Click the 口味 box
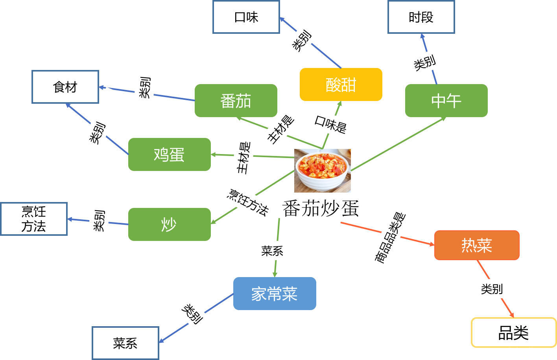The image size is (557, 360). point(246,17)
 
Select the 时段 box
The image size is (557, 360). point(421,17)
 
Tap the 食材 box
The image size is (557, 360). point(65,87)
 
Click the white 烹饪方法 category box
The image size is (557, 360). point(34,219)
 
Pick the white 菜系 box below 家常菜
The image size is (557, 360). point(125,343)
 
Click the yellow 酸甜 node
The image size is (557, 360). point(341,84)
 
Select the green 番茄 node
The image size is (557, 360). point(236,101)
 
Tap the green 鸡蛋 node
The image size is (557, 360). point(169,154)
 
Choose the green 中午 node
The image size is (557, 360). point(446,101)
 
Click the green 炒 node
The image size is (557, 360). point(169,224)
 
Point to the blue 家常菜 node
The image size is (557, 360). point(275,294)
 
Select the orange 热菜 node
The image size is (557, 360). point(477,245)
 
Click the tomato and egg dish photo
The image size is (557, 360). point(322,171)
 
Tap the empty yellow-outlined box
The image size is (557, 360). point(513,332)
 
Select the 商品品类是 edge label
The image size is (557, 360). point(395,226)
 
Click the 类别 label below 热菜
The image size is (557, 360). point(506,289)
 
